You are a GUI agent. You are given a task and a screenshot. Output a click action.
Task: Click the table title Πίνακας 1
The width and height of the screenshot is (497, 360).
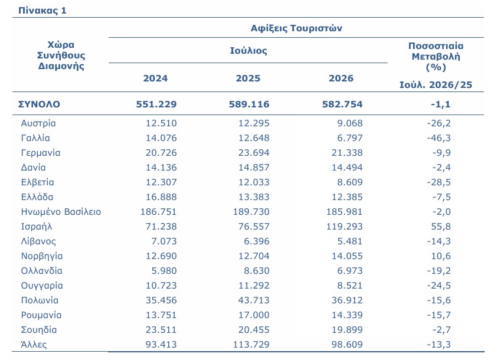coord(42,11)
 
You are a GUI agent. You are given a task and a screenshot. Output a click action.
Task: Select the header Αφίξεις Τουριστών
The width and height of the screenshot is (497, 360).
coord(296,28)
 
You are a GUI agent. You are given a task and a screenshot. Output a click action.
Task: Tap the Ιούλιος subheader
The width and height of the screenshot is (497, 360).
coord(248,51)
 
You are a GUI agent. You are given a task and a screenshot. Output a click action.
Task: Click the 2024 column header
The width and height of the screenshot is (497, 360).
coord(155,78)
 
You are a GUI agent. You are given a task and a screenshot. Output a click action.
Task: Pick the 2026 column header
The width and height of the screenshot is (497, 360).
coord(341,78)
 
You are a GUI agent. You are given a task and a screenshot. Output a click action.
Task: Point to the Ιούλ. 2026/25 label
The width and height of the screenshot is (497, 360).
coord(436,85)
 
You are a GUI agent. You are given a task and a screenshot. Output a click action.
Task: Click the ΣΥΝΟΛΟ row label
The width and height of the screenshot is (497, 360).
coord(39,104)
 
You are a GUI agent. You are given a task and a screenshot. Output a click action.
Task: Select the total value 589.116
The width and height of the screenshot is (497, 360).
coord(249,104)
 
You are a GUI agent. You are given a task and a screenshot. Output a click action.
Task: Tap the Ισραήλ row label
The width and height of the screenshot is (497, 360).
coord(37,227)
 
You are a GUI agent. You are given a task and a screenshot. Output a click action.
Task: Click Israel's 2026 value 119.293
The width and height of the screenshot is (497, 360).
coord(345,227)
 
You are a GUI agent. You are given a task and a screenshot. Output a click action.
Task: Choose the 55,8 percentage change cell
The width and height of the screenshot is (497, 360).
coord(441,227)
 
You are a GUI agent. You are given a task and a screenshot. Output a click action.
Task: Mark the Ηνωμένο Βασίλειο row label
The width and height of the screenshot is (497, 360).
coord(61,212)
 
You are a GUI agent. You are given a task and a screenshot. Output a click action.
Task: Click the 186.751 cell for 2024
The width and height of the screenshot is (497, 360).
coord(158,212)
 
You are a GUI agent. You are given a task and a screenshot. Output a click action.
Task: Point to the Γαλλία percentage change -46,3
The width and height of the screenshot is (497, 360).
coord(439,138)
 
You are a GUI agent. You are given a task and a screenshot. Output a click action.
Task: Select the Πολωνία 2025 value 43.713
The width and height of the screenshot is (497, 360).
coord(254,300)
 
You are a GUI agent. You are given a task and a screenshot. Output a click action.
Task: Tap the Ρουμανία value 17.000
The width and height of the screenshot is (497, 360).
coord(254,315)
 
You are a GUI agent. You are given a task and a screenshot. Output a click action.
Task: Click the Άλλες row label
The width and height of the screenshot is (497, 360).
coord(34,344)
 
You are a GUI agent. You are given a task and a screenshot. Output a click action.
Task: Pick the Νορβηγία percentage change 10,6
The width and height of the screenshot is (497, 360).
coord(441,256)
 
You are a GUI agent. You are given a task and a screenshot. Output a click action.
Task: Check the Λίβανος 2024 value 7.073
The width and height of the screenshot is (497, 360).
coord(164,241)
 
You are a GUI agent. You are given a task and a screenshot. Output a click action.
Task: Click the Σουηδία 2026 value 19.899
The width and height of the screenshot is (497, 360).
coord(347,329)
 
